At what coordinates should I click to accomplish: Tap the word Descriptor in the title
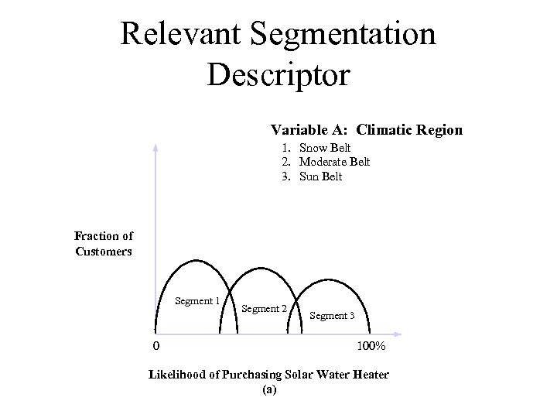coord(278,74)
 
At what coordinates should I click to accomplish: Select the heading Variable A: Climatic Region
coord(366,130)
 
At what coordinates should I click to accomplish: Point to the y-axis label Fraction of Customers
coord(104,243)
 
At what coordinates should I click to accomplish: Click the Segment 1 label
coord(198,301)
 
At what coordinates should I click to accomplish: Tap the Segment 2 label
coord(265,309)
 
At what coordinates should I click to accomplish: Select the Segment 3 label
coord(332,316)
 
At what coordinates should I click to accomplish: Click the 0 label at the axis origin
coord(156,345)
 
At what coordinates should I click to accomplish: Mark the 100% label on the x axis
coord(370,345)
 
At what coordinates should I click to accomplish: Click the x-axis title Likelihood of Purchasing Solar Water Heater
coord(268,375)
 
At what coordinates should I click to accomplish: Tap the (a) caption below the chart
coord(268,390)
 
